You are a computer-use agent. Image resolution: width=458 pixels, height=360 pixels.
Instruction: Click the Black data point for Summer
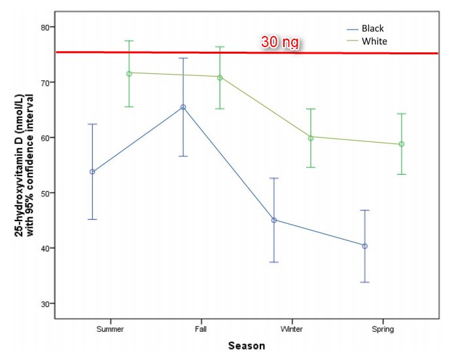pos(92,171)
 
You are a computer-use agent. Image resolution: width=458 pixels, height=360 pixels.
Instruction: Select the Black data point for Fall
pos(183,107)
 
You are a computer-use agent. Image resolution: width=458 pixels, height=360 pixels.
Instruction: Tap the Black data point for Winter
pos(274,220)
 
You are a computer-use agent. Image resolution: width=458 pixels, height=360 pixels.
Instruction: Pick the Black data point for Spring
pos(365,246)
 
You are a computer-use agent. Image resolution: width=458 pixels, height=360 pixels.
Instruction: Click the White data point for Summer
pos(129,73)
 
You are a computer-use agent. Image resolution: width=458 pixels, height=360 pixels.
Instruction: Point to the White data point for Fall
pos(220,77)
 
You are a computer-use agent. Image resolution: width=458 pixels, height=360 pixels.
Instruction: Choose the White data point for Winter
pos(311,137)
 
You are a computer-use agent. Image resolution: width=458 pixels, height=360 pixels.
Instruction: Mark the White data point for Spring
pos(402,144)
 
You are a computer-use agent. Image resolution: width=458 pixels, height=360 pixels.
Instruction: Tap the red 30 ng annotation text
pos(280,42)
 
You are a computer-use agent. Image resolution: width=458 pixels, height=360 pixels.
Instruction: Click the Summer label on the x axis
pos(110,329)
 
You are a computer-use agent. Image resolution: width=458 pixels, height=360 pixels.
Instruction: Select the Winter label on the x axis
pos(292,329)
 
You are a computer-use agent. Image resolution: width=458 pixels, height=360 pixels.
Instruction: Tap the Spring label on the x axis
pos(383,329)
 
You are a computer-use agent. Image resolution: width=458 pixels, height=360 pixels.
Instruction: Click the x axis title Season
pos(247,346)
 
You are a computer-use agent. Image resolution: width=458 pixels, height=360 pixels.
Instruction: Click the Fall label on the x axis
pos(202,329)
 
